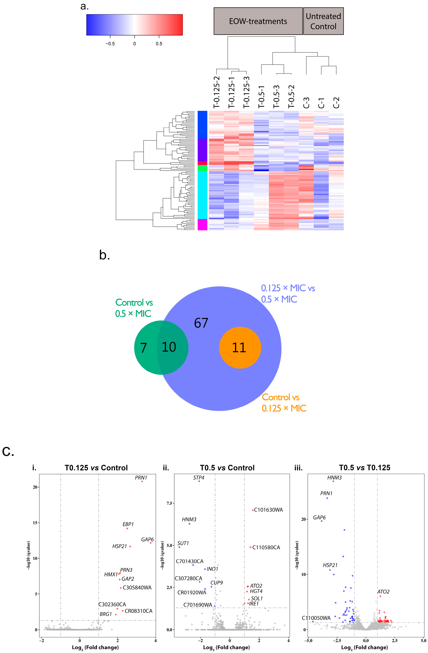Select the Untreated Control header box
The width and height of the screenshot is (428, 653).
[323, 21]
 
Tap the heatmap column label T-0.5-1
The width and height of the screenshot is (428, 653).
[261, 97]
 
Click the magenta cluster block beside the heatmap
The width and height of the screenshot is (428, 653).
[202, 224]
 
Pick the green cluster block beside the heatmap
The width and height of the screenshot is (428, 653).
[202, 168]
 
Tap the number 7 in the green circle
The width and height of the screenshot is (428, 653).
[143, 348]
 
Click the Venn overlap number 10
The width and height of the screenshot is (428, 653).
[169, 347]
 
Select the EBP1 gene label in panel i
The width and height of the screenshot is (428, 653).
[128, 524]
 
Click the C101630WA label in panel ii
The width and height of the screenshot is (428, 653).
[268, 510]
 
